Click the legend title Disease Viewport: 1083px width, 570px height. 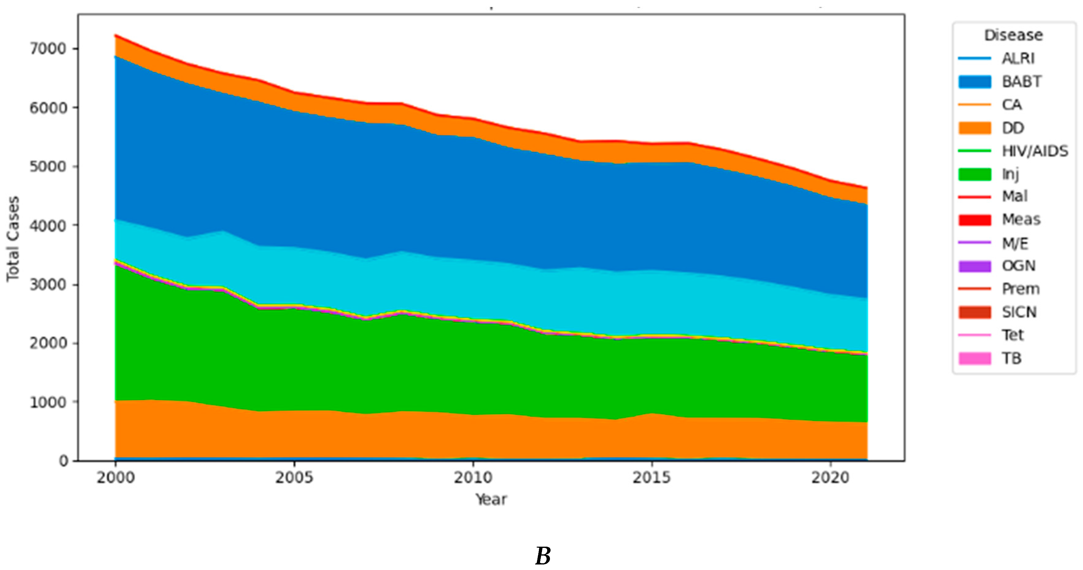tap(1013, 35)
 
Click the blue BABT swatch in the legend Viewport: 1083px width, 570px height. tap(975, 82)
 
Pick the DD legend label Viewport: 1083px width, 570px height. tap(1013, 128)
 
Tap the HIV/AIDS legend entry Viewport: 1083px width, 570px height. tap(1035, 151)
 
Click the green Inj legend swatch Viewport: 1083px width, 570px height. tap(975, 174)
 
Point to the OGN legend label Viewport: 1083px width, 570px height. tap(1018, 266)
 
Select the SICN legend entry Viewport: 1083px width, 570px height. tap(1019, 312)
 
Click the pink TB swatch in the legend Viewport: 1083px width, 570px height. tap(975, 359)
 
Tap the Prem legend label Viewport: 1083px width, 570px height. tap(1020, 289)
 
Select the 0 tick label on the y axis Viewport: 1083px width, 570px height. tap(63, 461)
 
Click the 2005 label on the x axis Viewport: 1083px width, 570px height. tap(294, 478)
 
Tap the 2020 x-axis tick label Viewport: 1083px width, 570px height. tap(830, 478)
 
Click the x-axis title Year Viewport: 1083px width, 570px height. tap(491, 499)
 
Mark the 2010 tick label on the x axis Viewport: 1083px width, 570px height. tap(473, 478)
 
